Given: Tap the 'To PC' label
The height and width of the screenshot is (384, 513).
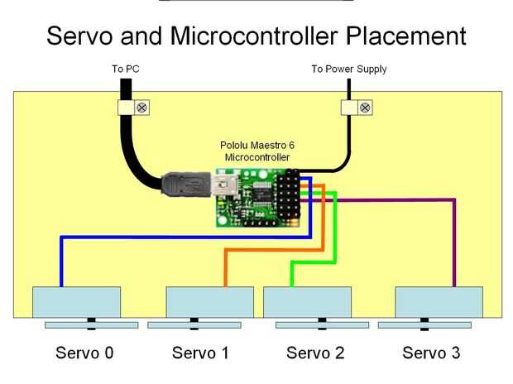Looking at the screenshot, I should (125, 70).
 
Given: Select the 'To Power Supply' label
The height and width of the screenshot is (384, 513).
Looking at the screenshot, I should (348, 70).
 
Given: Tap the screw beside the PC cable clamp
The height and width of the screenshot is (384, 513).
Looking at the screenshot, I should (141, 108).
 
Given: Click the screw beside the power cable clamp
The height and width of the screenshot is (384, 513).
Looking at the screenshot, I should (366, 108).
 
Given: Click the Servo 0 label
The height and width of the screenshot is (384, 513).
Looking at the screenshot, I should (84, 353).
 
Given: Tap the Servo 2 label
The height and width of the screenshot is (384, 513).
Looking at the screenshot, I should (314, 353).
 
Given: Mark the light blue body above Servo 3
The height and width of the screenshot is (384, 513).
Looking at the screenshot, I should (439, 301).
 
